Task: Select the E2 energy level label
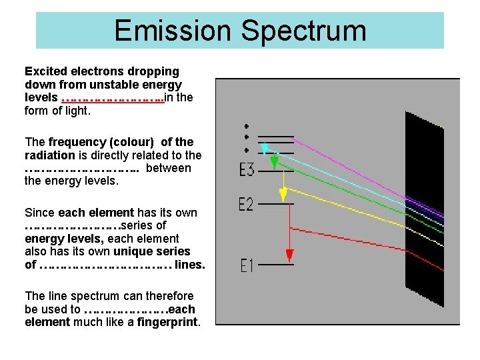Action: [246, 204]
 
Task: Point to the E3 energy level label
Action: [246, 170]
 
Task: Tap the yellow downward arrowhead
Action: [283, 194]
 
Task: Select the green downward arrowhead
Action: [274, 162]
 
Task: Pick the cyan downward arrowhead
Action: [265, 149]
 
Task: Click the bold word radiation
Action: [49, 155]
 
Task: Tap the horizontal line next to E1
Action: [275, 265]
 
